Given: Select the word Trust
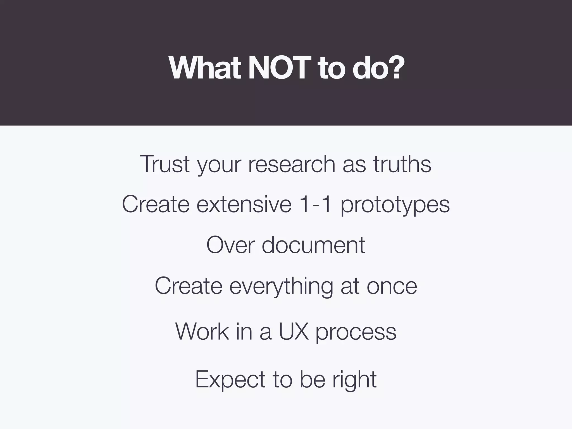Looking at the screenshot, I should pyautogui.click(x=165, y=164).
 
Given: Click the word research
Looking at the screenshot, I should pyautogui.click(x=292, y=164).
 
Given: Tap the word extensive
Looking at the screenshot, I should pyautogui.click(x=244, y=204).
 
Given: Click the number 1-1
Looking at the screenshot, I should pyautogui.click(x=315, y=204).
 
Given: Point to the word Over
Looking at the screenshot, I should pyautogui.click(x=230, y=245).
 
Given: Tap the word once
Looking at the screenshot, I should pyautogui.click(x=392, y=287).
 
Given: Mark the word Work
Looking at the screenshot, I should pyautogui.click(x=202, y=332).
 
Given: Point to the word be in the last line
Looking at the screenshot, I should pyautogui.click(x=313, y=379).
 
